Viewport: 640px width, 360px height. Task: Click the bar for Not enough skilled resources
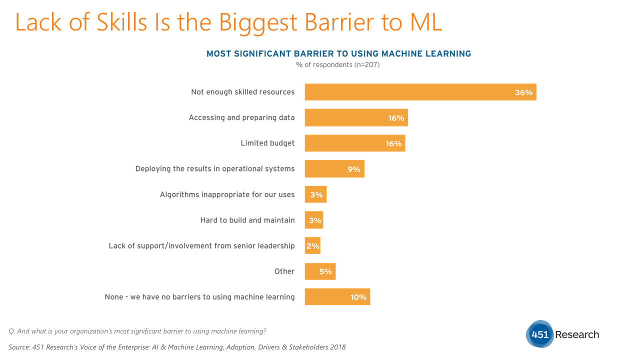(420, 92)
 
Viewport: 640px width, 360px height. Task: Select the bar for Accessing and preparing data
(356, 117)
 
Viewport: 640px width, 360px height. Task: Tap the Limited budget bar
(354, 143)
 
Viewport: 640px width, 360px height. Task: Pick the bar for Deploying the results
(334, 169)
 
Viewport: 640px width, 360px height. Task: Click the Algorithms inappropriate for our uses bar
(315, 194)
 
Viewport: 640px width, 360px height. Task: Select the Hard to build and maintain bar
(313, 220)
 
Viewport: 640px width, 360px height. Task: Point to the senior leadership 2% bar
(312, 245)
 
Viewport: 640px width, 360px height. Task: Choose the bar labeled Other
(320, 271)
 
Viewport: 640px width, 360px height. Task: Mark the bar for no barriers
(337, 297)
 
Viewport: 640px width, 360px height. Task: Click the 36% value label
(523, 92)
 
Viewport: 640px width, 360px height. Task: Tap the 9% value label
(354, 169)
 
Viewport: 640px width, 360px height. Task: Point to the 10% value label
(358, 297)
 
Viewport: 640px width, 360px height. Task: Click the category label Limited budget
(267, 143)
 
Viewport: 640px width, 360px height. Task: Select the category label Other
(284, 271)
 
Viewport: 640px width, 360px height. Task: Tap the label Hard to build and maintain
(247, 220)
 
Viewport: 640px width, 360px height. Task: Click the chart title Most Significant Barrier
(338, 53)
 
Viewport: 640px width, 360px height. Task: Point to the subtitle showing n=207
(338, 64)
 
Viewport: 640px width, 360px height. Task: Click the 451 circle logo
(540, 334)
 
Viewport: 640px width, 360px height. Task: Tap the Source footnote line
(177, 347)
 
